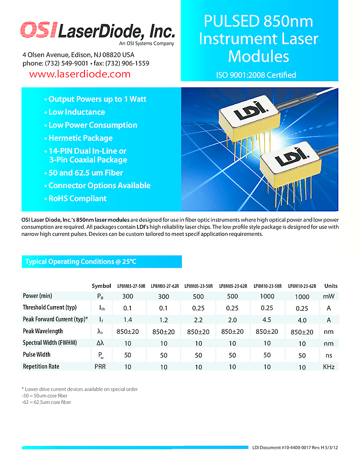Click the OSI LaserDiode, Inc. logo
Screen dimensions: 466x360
point(97,32)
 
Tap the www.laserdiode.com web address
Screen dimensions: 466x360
point(80,74)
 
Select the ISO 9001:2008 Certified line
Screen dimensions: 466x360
point(256,75)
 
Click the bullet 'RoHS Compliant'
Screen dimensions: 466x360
point(77,199)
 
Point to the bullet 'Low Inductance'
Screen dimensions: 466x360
point(76,112)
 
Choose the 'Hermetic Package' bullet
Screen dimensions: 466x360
point(80,138)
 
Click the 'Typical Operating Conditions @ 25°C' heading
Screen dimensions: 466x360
point(81,262)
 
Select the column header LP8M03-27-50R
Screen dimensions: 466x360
point(131,286)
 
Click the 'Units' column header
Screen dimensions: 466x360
point(331,286)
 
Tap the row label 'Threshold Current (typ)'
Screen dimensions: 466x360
point(50,307)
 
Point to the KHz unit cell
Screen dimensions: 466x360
point(329,367)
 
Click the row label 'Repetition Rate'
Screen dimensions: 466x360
point(41,367)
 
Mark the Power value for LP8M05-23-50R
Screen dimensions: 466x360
point(197,297)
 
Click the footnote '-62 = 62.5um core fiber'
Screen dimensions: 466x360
point(46,402)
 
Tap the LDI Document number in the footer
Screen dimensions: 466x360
point(295,447)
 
